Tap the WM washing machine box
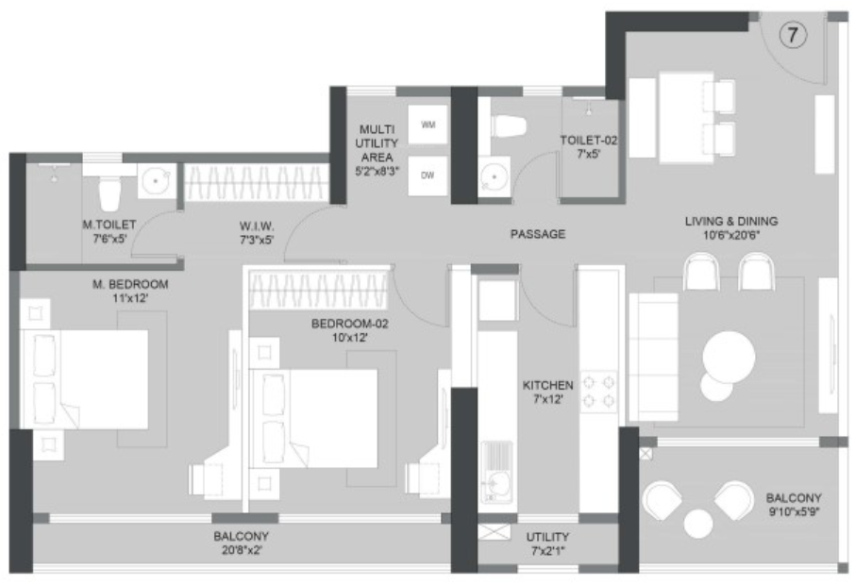(x=427, y=125)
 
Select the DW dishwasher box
(x=427, y=175)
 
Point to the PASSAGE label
(x=537, y=233)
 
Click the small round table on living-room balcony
(x=698, y=522)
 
